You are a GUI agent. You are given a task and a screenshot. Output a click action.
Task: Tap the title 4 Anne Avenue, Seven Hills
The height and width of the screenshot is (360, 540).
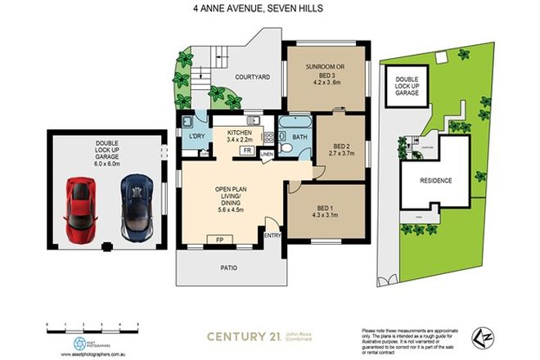[269, 9]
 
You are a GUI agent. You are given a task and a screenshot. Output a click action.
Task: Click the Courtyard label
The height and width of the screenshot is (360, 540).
[252, 79]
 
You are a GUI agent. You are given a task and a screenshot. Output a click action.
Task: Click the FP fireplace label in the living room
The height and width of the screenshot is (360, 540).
[219, 240]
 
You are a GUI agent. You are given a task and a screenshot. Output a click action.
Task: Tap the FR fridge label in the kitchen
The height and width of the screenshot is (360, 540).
[246, 151]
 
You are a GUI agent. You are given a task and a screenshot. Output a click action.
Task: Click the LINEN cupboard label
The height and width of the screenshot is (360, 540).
[266, 154]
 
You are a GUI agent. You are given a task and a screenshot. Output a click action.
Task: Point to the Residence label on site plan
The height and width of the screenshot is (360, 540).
[435, 180]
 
